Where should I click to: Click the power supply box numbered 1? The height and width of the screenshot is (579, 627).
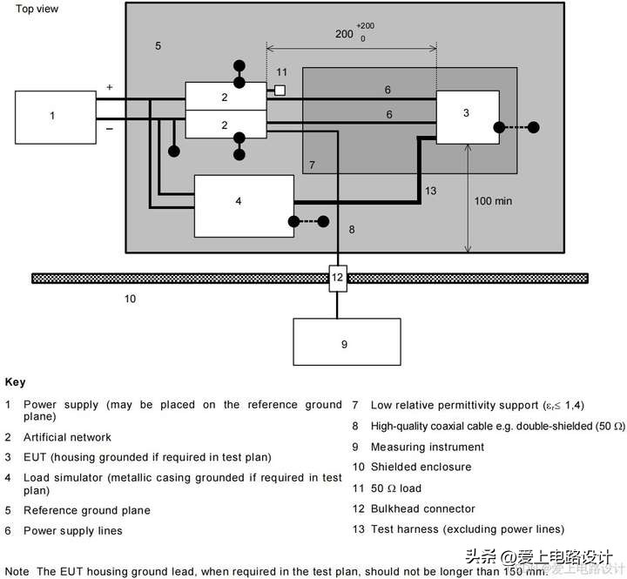(x=56, y=118)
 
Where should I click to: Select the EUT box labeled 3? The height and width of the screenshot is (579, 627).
(x=468, y=118)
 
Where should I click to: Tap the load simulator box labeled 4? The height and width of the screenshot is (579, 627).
(x=244, y=206)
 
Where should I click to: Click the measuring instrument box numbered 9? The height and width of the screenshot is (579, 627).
(x=347, y=341)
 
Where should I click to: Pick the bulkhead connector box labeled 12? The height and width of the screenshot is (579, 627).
(x=338, y=279)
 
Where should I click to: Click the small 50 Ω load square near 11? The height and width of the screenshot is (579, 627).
(x=280, y=91)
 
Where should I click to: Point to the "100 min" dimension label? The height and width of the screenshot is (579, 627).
(x=493, y=201)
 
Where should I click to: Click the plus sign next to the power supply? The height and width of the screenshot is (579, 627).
(x=110, y=87)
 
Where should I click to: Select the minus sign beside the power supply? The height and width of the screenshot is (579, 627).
(x=110, y=129)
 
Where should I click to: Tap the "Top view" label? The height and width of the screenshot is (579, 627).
(x=37, y=9)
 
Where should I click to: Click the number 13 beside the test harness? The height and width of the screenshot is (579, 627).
(x=431, y=191)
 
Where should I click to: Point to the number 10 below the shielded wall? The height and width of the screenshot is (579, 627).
(x=130, y=299)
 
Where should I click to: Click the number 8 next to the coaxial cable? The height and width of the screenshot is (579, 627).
(x=352, y=230)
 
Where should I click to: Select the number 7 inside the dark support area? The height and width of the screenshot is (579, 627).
(x=312, y=165)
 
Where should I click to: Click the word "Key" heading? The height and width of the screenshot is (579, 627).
(x=15, y=382)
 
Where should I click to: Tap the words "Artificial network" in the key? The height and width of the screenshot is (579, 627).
(x=67, y=437)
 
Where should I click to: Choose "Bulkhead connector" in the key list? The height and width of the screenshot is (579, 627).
(x=423, y=508)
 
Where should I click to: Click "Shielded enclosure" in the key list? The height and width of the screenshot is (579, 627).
(x=421, y=467)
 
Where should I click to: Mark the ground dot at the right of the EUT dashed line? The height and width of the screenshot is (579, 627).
(x=534, y=128)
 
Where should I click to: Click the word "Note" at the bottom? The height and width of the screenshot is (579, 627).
(x=17, y=571)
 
